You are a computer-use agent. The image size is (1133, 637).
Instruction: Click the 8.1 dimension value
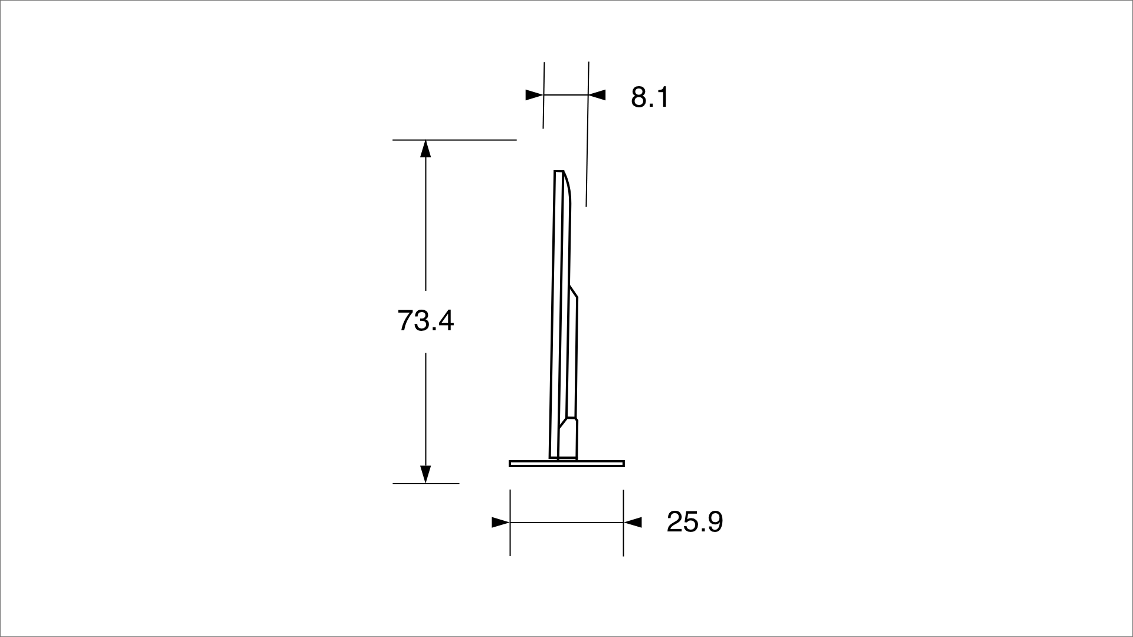(x=650, y=97)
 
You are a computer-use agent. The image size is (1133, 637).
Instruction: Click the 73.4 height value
(x=425, y=321)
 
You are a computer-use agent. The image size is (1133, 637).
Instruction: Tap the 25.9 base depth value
(x=695, y=522)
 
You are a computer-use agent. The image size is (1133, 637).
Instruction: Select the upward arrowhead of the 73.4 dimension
(x=425, y=149)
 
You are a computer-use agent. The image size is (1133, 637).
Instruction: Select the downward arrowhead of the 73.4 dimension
(x=425, y=474)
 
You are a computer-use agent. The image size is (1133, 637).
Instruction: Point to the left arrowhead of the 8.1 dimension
(x=534, y=94)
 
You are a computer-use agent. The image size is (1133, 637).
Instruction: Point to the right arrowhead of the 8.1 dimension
(x=597, y=94)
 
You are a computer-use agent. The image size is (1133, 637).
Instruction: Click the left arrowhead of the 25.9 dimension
(x=500, y=522)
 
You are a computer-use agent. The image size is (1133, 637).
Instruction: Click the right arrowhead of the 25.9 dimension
(x=633, y=522)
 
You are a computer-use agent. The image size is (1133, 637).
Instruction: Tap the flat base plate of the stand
(x=566, y=464)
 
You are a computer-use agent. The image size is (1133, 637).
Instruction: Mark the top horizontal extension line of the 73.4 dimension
(x=454, y=140)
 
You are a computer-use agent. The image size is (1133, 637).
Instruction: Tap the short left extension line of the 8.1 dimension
(x=543, y=112)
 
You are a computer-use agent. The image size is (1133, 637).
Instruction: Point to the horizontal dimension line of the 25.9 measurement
(x=566, y=522)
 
